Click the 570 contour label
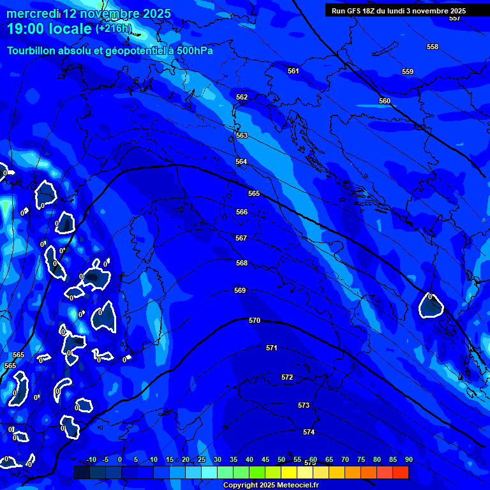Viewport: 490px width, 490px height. click(255, 320)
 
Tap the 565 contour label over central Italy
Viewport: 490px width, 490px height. click(254, 193)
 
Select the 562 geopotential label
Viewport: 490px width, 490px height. click(242, 97)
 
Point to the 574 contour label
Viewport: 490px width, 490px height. click(309, 432)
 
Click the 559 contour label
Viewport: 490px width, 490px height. click(408, 71)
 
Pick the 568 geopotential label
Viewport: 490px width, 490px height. click(242, 263)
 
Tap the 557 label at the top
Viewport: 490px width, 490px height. click(454, 19)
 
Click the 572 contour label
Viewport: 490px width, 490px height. click(287, 377)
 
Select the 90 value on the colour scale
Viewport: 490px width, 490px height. click(408, 459)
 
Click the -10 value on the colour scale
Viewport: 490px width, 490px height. click(91, 459)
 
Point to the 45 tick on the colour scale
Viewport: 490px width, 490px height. click(265, 459)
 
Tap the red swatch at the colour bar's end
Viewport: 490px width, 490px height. click(400, 472)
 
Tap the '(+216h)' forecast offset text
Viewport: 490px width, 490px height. click(114, 29)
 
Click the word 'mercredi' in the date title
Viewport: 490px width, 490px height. click(33, 13)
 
